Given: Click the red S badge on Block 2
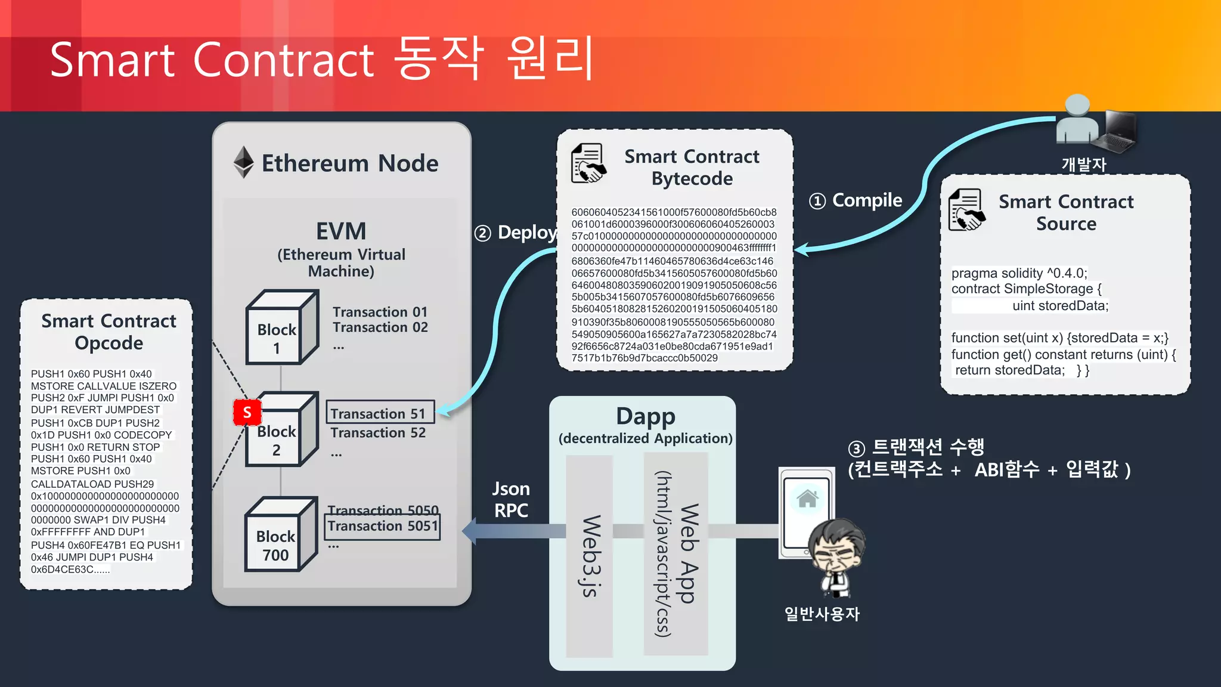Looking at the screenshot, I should pyautogui.click(x=247, y=412).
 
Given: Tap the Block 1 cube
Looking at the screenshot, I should pyautogui.click(x=281, y=328).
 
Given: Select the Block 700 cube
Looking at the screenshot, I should pyautogui.click(x=280, y=536).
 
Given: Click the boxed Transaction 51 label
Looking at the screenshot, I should pyautogui.click(x=379, y=413).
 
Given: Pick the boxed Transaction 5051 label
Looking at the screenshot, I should pyautogui.click(x=383, y=526).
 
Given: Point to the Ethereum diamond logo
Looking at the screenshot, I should pyautogui.click(x=243, y=162).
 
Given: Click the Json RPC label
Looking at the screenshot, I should pyautogui.click(x=511, y=500).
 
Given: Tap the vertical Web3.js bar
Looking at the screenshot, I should pyautogui.click(x=590, y=556).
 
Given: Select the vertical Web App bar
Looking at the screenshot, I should pyautogui.click(x=676, y=553).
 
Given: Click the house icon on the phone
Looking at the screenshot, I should pyautogui.click(x=807, y=499).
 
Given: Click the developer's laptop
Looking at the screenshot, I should pyautogui.click(x=1120, y=130).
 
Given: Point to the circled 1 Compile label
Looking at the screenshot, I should pyautogui.click(x=855, y=200).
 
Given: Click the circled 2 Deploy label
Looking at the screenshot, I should pyautogui.click(x=516, y=233).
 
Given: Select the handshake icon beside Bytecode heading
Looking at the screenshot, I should pyautogui.click(x=588, y=163).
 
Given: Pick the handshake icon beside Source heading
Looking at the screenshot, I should pyautogui.click(x=966, y=209).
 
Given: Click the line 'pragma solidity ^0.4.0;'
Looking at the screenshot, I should pyautogui.click(x=1019, y=273).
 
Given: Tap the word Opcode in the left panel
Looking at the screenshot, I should pyautogui.click(x=109, y=343).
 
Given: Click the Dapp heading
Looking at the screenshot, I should pyautogui.click(x=645, y=416).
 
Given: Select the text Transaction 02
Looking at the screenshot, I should pyautogui.click(x=380, y=327).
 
